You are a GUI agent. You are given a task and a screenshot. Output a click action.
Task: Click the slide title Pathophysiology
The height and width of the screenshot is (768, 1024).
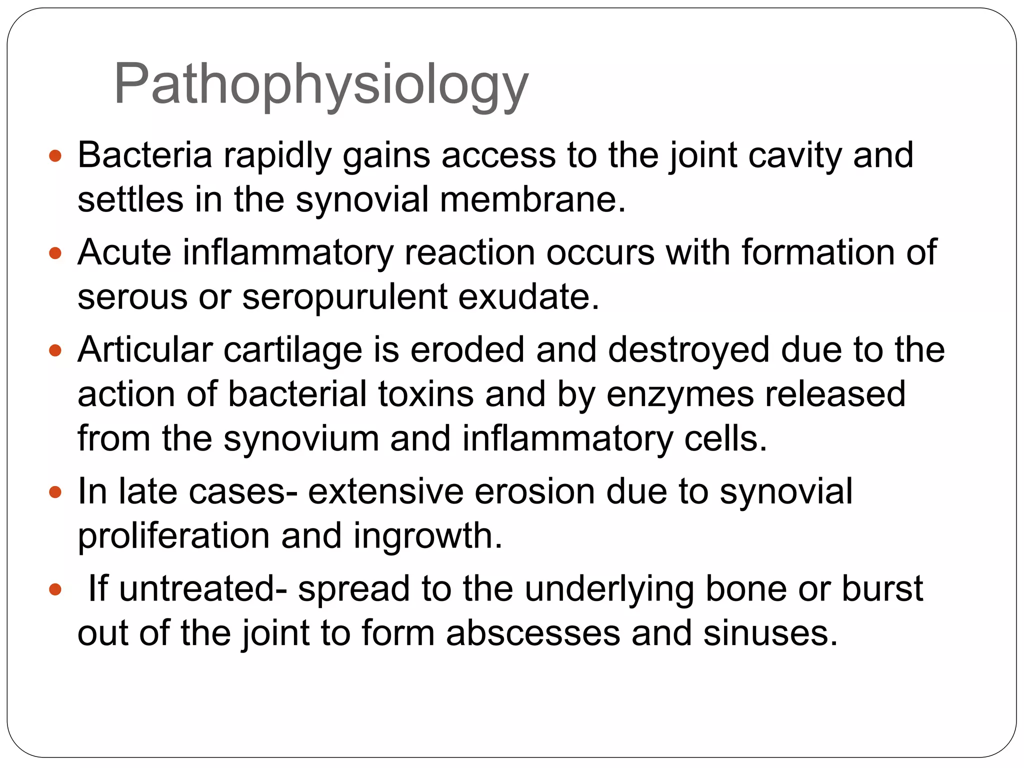click(321, 84)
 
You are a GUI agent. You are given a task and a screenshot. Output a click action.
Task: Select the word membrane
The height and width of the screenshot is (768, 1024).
click(532, 199)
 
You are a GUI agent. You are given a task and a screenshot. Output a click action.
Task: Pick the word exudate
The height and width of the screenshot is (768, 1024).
click(528, 296)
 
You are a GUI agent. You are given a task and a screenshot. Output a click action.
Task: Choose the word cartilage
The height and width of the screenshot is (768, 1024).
click(292, 350)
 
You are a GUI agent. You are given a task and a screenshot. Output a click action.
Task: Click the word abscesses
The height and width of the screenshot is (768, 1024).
click(533, 633)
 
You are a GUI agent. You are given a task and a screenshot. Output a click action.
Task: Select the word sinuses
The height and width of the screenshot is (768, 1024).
click(770, 633)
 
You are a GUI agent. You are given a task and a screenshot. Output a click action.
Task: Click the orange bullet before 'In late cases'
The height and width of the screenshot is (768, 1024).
click(55, 492)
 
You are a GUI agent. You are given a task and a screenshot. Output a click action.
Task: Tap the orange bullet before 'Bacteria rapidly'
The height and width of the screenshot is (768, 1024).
click(55, 156)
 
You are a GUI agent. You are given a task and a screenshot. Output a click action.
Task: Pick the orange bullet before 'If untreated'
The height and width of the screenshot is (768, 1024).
click(55, 589)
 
